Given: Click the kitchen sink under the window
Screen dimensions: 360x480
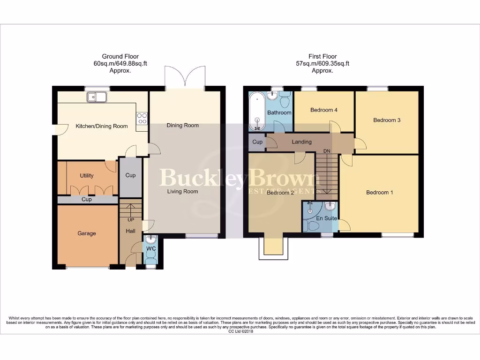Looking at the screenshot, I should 97,97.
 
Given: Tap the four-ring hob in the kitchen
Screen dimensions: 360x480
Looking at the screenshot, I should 142,119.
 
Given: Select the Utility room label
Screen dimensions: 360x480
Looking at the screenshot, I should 87,176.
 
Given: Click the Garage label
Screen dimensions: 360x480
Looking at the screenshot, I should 87,233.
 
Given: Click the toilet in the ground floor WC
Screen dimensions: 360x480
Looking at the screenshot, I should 151,255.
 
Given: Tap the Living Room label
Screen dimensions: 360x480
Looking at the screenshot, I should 183,191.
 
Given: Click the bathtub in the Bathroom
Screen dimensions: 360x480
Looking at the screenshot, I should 256,112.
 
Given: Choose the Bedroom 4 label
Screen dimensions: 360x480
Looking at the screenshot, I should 324,110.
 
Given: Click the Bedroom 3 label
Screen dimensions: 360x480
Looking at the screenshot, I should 387,120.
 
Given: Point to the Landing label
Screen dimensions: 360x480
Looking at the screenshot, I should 301,142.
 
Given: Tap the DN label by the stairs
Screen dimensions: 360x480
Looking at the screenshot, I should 328,151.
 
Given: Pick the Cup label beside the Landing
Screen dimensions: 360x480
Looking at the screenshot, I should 257,142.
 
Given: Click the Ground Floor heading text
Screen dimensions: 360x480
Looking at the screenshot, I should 120,57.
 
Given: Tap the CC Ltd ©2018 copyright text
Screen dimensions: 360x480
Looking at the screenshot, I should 240,331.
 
